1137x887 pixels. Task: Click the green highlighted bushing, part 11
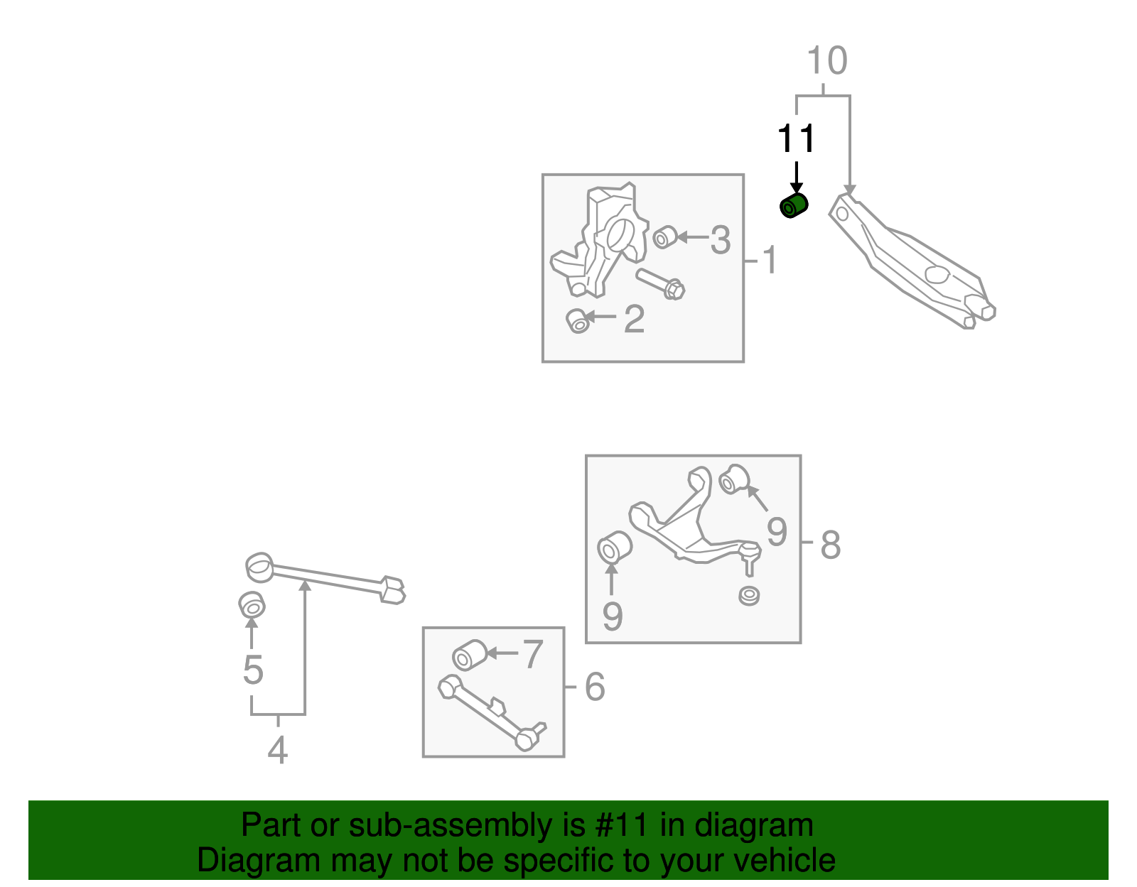[x=794, y=206]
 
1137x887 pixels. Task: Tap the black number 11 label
[x=796, y=139]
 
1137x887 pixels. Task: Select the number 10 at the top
[x=827, y=61]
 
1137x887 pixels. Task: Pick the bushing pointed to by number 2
[x=578, y=321]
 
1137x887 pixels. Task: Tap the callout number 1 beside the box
[x=770, y=261]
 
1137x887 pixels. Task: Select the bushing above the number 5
[x=252, y=605]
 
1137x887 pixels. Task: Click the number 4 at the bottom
[x=277, y=750]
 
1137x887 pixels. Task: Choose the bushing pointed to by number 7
[x=469, y=655]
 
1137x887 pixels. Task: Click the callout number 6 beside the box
[x=595, y=687]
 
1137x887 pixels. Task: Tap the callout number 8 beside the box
[x=830, y=545]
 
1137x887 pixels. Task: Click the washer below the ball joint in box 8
[x=748, y=595]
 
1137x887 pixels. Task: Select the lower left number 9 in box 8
[x=612, y=616]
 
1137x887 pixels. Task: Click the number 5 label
[x=253, y=670]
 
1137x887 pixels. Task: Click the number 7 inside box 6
[x=533, y=654]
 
